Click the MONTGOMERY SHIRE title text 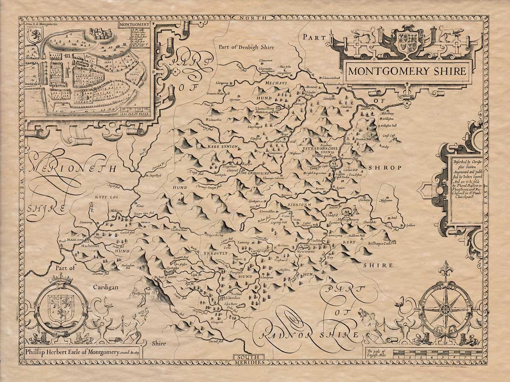[x=406, y=71]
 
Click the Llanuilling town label [x=267, y=109]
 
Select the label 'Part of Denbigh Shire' [x=246, y=48]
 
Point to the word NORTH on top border [x=254, y=18]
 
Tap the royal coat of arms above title [x=406, y=41]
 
